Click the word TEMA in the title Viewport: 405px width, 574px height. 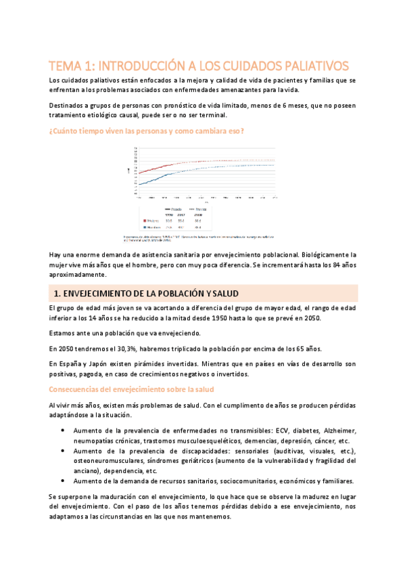66,66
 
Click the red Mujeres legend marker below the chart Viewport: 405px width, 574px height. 145,221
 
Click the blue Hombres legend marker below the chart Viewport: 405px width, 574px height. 145,227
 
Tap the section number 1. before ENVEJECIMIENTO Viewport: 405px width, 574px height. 57,292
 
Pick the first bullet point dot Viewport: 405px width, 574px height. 63,430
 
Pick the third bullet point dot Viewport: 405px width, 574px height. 63,481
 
